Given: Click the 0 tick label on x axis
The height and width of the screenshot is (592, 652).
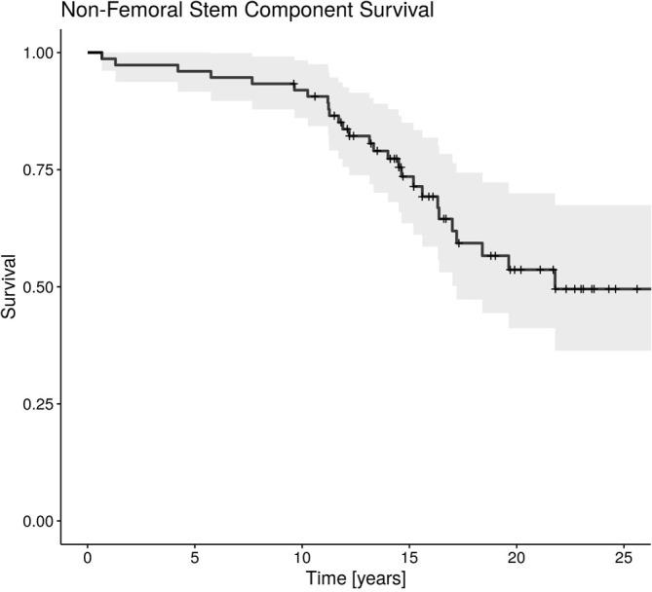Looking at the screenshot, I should coord(88,558).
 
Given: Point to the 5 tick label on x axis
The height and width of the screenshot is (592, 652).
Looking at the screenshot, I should coord(195,558).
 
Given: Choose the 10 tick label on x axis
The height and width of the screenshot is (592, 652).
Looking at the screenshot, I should coord(302,558).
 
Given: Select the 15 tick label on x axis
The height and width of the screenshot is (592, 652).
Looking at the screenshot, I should coord(409,558).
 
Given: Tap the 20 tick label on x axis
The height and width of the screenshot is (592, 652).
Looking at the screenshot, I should coord(517,558).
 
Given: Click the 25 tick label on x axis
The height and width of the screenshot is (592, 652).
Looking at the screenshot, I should coord(624,558).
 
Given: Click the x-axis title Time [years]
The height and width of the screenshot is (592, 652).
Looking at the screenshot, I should coord(356,578).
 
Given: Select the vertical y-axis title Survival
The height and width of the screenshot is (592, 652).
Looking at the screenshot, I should coord(11,287).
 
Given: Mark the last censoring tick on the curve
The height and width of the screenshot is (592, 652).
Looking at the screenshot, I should coord(636,289).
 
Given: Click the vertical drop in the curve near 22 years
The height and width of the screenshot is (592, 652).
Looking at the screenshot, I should coord(555,278).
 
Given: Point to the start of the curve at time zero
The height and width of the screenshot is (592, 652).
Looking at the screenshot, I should coord(89,53).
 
